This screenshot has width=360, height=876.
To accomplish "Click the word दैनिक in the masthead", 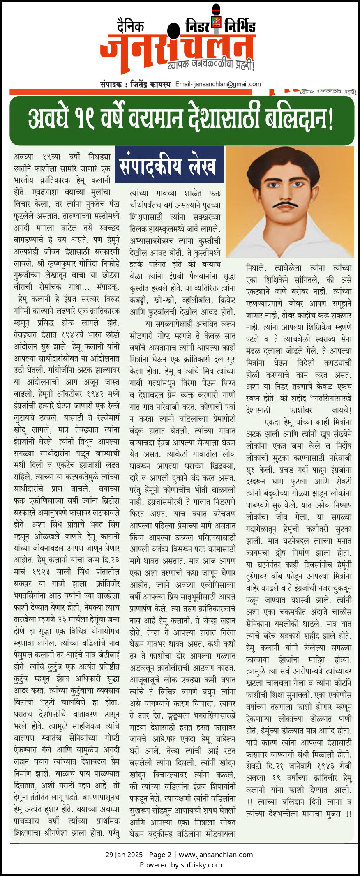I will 130,27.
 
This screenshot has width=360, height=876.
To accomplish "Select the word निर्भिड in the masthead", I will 240,26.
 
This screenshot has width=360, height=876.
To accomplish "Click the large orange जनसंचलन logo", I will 177,51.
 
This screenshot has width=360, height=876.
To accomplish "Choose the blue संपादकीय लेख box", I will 169,165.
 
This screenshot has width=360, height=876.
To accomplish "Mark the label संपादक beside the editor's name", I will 111,85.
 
